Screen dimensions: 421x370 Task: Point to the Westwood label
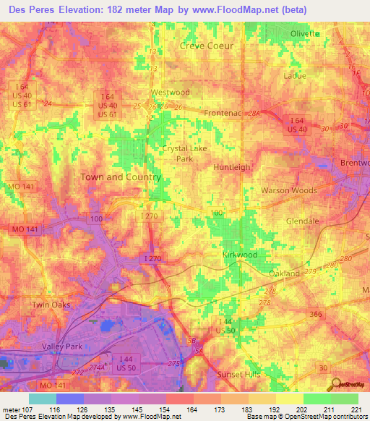(170, 93)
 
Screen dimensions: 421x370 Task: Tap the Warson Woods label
(289, 190)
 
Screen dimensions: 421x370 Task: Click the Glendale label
(303, 221)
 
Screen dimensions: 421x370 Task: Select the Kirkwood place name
(239, 255)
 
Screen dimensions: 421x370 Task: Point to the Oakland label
(284, 274)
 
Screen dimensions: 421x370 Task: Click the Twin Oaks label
(51, 305)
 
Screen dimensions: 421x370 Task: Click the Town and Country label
(121, 177)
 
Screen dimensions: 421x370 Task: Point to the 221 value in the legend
(354, 409)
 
